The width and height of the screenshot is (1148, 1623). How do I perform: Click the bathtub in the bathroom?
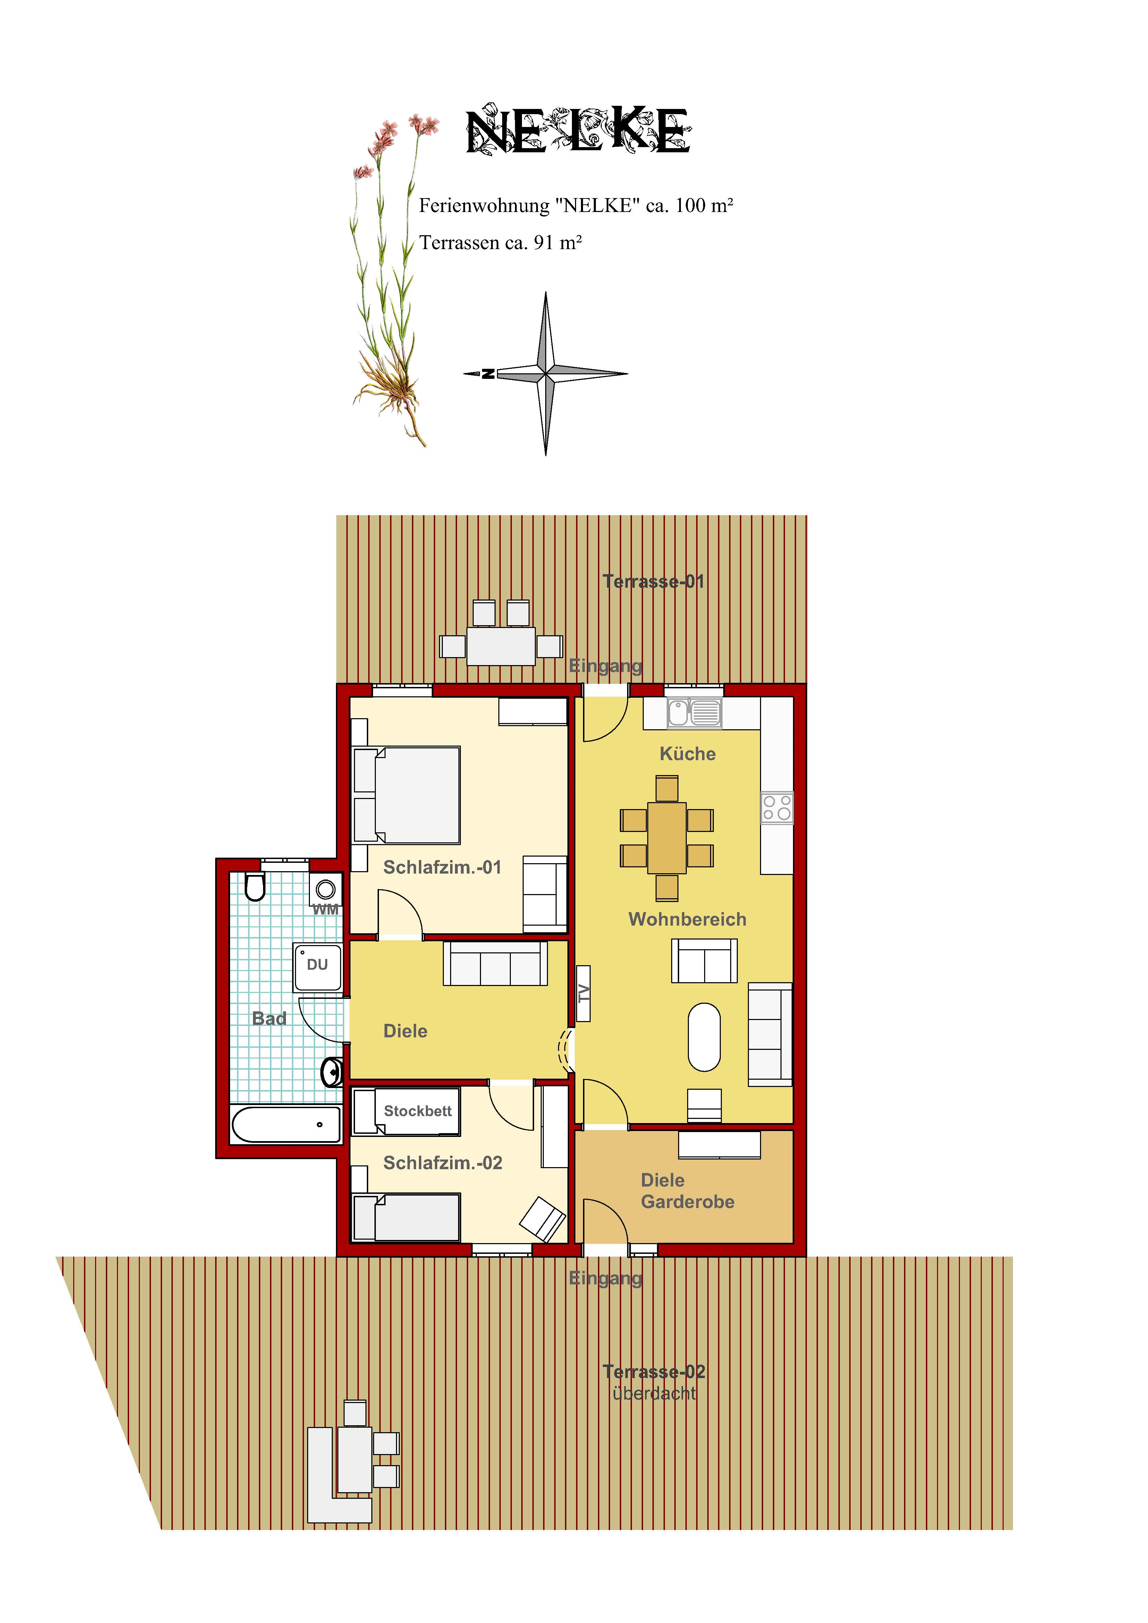point(286,1124)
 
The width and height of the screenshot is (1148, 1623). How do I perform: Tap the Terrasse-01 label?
point(654,582)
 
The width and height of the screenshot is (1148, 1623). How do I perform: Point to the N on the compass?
point(488,374)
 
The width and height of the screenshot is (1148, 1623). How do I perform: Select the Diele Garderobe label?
point(687,1191)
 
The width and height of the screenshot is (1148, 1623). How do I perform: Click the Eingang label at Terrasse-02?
point(606,1278)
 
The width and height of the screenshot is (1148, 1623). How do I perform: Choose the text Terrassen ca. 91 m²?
point(500,243)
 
